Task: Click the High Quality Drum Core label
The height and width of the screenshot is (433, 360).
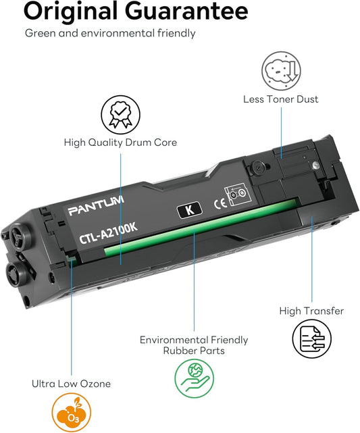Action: click(120, 143)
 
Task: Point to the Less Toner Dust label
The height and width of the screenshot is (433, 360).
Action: click(280, 99)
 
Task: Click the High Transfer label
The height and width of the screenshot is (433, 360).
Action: click(311, 311)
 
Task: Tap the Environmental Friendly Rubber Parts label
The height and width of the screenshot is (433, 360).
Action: click(194, 345)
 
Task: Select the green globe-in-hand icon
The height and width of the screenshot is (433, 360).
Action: click(194, 378)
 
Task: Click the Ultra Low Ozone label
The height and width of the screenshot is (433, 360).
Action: click(71, 384)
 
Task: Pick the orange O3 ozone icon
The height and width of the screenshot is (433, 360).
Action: click(71, 413)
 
